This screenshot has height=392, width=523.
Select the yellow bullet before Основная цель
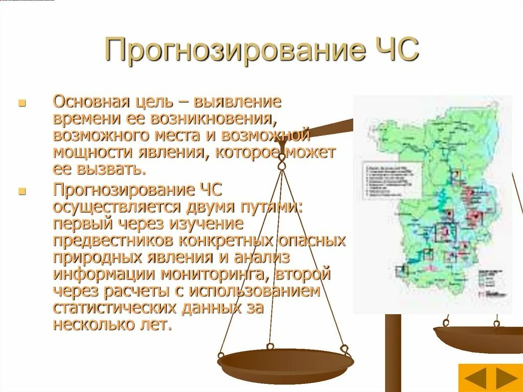tap(21, 103)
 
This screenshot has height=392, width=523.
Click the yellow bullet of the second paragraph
tap(21, 192)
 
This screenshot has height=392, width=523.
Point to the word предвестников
tap(109, 240)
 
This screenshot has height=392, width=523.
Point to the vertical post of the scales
tap(393, 353)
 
